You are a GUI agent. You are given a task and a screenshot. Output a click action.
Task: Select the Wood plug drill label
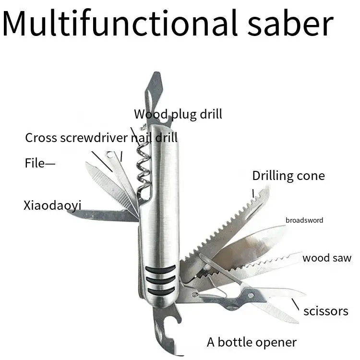178,114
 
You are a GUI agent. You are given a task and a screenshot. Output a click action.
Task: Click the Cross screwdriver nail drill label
101,138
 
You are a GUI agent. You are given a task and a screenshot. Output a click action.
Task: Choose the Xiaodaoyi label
52,206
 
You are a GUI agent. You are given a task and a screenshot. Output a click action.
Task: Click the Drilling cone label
288,176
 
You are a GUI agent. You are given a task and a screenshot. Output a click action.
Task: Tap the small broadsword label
304,220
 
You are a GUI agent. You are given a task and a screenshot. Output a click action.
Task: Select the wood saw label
326,258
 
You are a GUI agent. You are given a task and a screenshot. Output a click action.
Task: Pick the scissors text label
326,311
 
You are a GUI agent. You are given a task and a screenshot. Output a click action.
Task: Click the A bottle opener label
252,342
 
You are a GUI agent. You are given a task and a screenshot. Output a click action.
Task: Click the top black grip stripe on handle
160,269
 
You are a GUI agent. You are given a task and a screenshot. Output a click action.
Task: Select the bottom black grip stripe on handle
160,290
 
